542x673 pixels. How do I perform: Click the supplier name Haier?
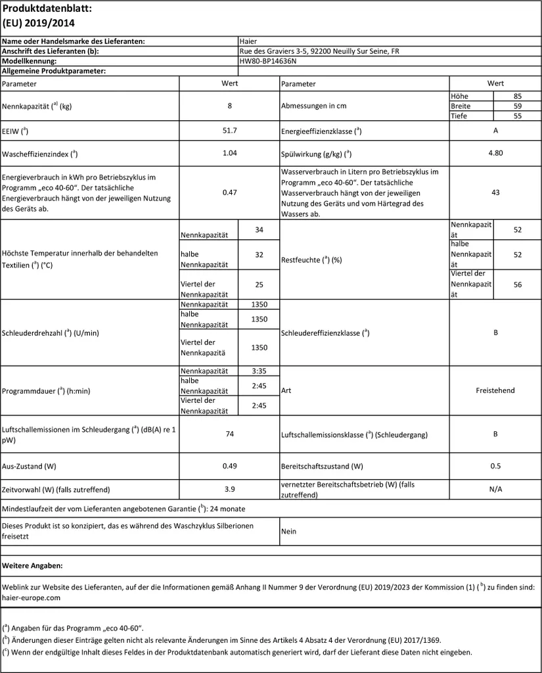click(x=248, y=41)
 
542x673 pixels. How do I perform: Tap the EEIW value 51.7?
click(x=229, y=130)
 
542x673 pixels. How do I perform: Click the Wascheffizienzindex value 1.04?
click(x=229, y=153)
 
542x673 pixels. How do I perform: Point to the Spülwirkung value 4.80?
click(x=495, y=153)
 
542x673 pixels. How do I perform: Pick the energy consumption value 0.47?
click(x=229, y=193)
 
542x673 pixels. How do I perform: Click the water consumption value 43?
click(x=495, y=193)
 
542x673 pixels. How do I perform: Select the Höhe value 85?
click(x=517, y=96)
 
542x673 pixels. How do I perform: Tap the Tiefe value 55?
click(x=517, y=116)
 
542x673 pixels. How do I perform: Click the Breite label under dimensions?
click(x=461, y=106)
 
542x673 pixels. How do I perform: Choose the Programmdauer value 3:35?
click(x=258, y=371)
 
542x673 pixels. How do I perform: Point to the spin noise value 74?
click(x=229, y=434)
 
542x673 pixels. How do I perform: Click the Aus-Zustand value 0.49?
click(x=229, y=466)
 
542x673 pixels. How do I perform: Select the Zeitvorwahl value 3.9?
click(x=229, y=489)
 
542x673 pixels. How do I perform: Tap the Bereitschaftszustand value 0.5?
click(x=495, y=466)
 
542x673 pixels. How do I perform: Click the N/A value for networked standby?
click(x=495, y=489)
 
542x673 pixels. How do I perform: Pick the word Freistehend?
click(x=495, y=390)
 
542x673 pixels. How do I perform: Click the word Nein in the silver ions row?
click(x=289, y=531)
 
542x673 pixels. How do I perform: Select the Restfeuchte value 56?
click(x=517, y=285)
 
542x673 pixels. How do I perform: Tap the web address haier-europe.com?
click(x=32, y=597)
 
